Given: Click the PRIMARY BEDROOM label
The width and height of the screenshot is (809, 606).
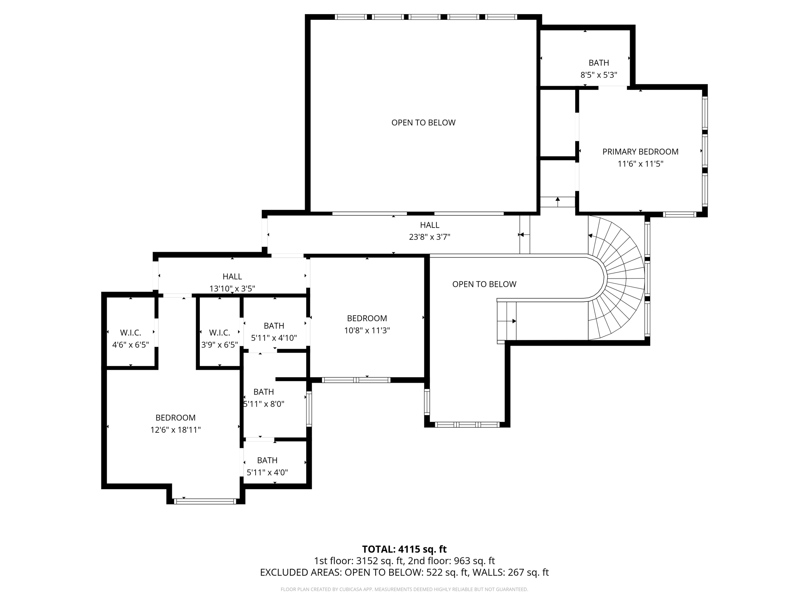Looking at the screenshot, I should coord(640,151).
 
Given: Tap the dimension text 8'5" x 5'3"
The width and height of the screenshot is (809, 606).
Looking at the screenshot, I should coord(598,75).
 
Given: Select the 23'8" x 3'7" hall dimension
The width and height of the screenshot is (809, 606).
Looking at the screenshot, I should coord(429,237).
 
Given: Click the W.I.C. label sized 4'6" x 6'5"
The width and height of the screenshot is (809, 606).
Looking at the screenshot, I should coord(130,333).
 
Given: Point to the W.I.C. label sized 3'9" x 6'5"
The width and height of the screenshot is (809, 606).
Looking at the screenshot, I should coord(219,333).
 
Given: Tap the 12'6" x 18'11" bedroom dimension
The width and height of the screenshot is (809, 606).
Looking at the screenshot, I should coord(175,430).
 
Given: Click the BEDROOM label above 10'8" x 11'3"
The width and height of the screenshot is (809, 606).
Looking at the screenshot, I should coord(367,318).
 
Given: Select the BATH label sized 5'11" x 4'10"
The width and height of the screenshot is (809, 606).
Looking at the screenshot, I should coord(274,325).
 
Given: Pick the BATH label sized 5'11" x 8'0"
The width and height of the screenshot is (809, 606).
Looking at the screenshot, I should coord(263,392).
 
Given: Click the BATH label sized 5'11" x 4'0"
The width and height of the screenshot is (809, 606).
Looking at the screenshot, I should coord(267,460).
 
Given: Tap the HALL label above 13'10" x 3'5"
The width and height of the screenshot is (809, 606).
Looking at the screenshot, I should coord(232,277).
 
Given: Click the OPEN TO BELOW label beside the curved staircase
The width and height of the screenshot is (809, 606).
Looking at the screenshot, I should coord(484,284).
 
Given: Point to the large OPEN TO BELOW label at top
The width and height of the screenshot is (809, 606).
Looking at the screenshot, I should coord(423,123).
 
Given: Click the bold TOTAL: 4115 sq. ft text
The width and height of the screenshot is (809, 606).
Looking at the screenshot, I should coord(404,549).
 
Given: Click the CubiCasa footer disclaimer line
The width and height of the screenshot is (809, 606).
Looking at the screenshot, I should coord(404,589).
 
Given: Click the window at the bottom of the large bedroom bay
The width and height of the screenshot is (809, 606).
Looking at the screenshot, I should coord(205,501).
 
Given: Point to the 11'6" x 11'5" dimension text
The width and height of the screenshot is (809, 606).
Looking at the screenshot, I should coord(640,164).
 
